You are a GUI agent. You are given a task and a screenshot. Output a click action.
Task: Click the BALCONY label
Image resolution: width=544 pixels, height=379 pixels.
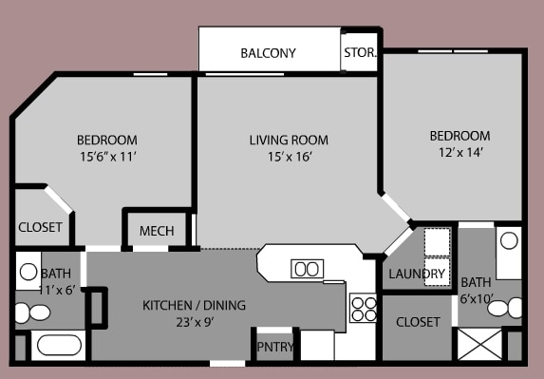[268, 53]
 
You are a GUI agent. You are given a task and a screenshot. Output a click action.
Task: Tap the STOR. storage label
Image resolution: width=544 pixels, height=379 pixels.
[360, 53]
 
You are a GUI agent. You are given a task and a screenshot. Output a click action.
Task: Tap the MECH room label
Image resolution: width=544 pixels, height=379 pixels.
[156, 232]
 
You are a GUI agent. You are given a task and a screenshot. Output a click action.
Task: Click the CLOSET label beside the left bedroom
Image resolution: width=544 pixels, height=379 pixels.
[40, 228]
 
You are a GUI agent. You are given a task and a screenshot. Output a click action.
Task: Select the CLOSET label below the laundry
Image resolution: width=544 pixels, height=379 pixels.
[418, 322]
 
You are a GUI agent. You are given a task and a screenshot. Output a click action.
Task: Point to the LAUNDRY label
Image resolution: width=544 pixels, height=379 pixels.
[417, 275]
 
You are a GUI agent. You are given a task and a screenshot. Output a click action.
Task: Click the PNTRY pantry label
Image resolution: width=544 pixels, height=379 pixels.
[275, 348]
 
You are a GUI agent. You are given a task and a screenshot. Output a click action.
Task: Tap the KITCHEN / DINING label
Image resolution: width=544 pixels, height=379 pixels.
[194, 305]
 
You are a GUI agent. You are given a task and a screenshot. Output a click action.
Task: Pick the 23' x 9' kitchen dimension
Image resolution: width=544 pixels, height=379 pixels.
[194, 322]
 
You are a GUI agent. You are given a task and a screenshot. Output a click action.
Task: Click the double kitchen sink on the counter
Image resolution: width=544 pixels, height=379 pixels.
[306, 269]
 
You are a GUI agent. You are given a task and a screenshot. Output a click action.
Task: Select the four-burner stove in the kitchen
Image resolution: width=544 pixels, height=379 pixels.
[364, 307]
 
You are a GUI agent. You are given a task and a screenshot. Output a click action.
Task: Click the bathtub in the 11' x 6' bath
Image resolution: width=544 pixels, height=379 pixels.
[59, 345]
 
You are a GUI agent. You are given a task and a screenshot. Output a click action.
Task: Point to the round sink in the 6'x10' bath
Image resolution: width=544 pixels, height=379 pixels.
[509, 240]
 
